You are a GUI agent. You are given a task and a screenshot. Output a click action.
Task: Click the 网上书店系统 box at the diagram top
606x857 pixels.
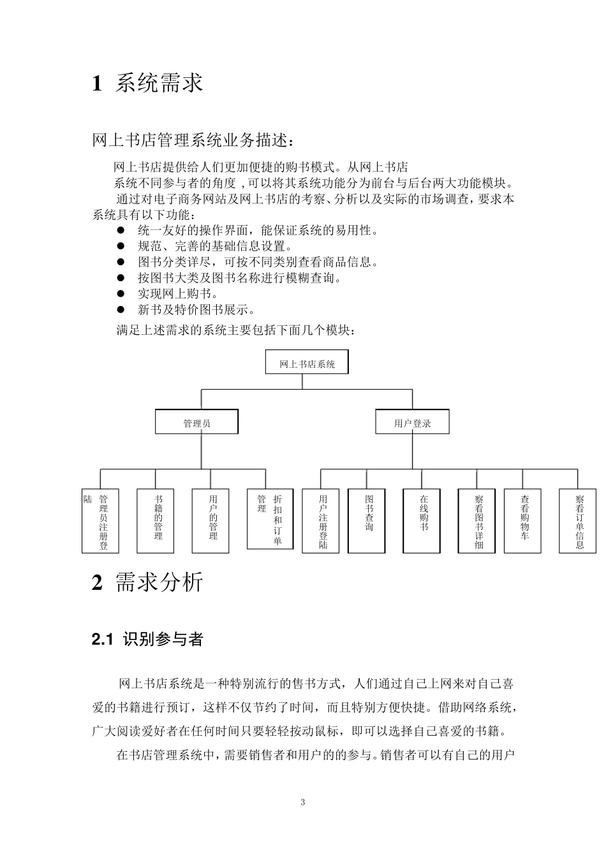coord(307,363)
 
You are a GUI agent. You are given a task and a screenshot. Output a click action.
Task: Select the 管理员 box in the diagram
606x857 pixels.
coord(196,422)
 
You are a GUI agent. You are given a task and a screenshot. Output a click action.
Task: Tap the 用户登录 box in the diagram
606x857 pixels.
coord(412,422)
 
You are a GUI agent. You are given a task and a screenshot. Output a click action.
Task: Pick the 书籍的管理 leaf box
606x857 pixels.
coord(156,520)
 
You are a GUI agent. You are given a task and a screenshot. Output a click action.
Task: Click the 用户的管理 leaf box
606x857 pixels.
coord(211,520)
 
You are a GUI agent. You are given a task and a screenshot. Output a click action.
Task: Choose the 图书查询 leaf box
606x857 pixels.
coord(367,520)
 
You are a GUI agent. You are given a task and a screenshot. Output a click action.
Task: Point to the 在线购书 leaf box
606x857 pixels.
coord(422,520)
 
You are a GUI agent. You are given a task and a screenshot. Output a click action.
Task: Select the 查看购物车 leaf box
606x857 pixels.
coord(522,520)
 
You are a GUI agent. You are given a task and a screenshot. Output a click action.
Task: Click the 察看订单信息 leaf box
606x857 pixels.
coord(577,520)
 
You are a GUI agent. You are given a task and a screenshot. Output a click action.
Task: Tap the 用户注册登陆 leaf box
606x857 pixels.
coord(321,520)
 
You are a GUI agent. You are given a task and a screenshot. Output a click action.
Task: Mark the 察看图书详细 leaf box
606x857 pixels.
coord(477,520)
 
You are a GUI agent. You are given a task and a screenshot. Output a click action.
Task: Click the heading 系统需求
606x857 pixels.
coord(159,83)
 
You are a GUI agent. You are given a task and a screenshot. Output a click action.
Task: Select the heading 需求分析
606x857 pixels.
coord(159,582)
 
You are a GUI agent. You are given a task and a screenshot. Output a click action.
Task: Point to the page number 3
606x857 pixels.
coord(302,802)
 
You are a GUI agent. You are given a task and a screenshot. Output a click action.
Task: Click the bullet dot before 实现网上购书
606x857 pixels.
coord(121,294)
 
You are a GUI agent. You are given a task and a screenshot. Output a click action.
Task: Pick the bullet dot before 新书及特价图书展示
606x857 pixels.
coord(121,310)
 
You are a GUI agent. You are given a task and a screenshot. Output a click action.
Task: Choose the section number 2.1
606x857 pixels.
coord(103,639)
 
